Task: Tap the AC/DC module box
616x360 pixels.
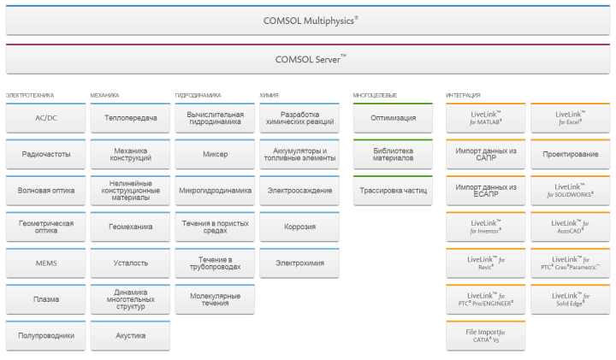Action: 45,118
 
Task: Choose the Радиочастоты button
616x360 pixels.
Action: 45,155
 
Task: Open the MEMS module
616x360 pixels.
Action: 45,263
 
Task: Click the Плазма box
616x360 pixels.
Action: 45,299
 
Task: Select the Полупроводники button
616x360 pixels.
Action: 45,336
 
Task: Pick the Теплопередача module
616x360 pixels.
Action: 130,118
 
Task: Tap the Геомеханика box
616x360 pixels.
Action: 130,227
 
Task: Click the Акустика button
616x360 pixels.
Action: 130,336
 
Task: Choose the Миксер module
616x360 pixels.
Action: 215,155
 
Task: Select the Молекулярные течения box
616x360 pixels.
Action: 215,299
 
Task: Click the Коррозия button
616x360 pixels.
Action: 299,227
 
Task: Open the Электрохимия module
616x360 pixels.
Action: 299,263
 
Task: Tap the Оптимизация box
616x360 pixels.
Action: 393,118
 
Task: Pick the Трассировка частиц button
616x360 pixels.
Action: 393,191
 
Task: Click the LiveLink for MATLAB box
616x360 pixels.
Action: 485,118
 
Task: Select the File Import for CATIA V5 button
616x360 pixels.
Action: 485,336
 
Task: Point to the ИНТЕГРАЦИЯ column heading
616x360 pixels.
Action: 464,95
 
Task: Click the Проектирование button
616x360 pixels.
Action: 570,155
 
